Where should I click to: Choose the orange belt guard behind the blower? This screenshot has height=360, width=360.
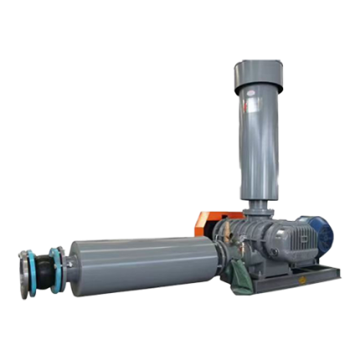(204, 222)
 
